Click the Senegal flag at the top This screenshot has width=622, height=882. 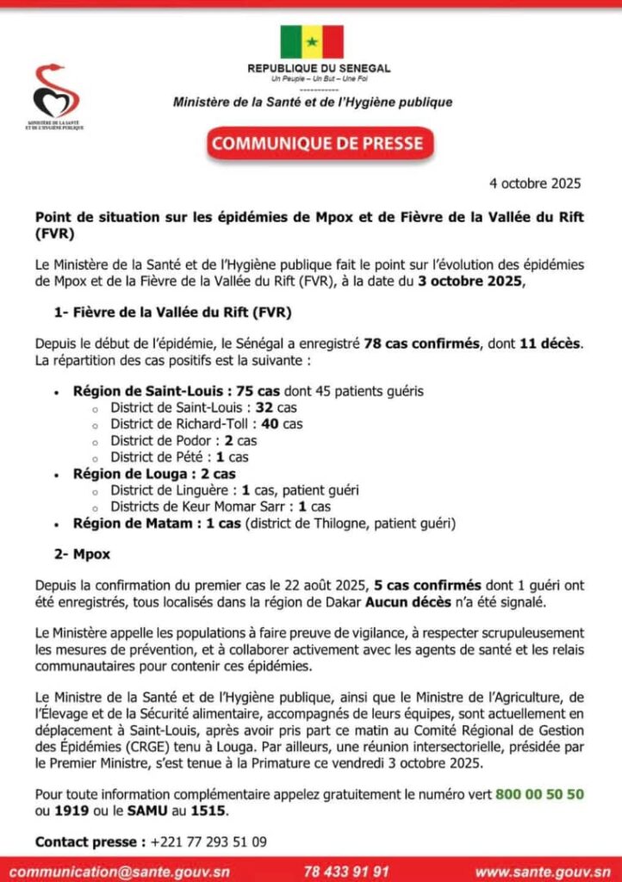(311, 42)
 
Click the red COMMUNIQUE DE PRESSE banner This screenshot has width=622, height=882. (319, 143)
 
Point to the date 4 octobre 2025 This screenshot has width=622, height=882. (535, 183)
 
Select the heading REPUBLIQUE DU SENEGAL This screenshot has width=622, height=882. (319, 68)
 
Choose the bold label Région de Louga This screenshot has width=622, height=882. (153, 474)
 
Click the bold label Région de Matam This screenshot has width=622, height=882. (155, 523)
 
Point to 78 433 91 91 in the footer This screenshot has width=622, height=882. (345, 870)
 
